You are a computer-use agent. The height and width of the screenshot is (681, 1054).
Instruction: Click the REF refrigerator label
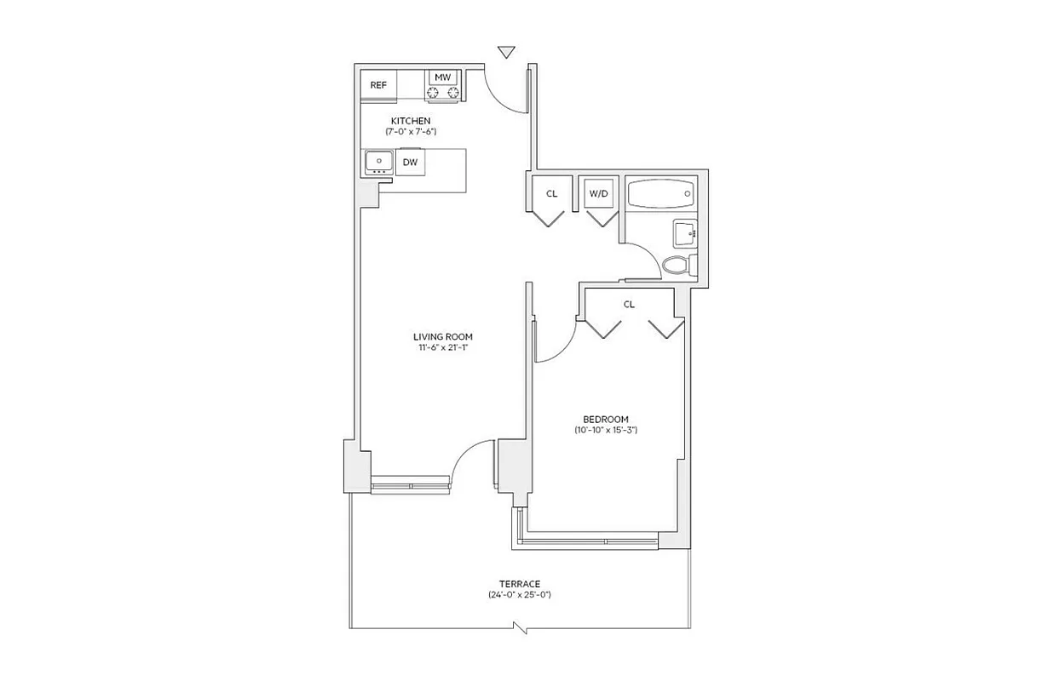point(378,85)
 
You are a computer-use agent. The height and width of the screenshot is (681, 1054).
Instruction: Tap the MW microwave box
point(442,77)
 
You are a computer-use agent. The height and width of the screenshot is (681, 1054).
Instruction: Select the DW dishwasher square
point(410,162)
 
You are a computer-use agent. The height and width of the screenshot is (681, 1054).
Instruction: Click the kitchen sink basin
point(377,160)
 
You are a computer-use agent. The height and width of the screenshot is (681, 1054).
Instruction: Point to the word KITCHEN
point(410,121)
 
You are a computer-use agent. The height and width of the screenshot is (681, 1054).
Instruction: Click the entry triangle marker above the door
point(507,53)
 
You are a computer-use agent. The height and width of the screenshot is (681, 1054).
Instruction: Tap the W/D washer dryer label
point(599,193)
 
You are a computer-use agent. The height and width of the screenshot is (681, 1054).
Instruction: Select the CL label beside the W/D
point(551,193)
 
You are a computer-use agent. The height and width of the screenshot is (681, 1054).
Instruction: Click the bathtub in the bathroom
point(660,193)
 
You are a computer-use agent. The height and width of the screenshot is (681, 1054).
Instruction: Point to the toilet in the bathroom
point(676,265)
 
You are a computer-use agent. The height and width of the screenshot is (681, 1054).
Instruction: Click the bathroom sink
point(685,232)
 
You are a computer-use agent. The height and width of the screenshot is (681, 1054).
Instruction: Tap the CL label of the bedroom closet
point(629,304)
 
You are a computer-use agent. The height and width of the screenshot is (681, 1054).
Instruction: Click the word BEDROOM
point(606,419)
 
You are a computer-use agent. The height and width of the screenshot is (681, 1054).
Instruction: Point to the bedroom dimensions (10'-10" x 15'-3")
point(606,431)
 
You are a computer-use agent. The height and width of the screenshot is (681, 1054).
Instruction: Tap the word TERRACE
point(520,583)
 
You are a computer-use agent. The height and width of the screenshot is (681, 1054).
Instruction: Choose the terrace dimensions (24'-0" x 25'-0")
point(520,595)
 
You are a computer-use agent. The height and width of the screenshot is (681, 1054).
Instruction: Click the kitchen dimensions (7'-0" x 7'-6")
point(410,132)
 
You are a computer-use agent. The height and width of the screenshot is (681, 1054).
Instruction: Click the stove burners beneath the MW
point(443,93)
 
